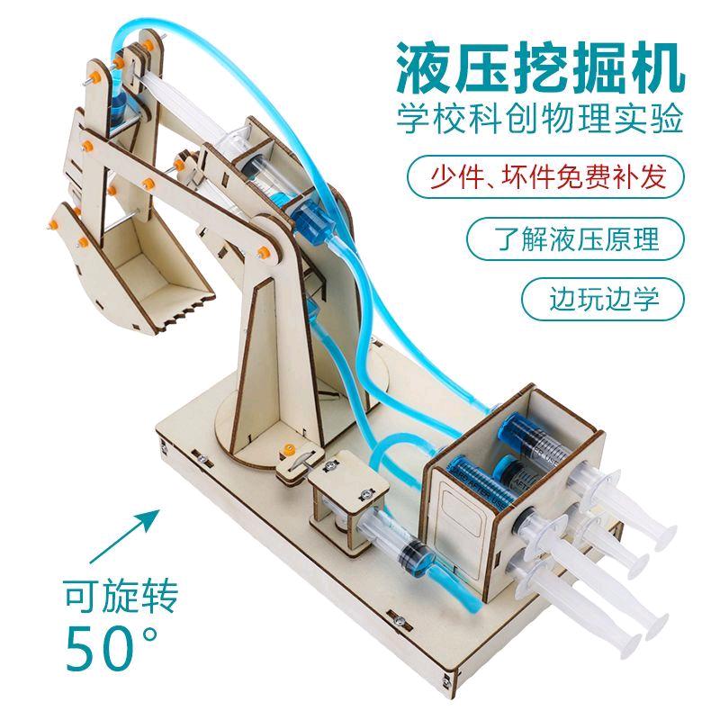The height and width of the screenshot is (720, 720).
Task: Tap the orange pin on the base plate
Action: (287, 447)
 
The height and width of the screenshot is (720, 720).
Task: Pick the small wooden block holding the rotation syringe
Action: (345, 508)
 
